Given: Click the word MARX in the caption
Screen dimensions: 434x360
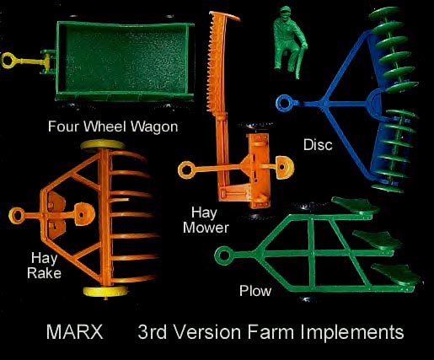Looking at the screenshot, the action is point(75,332).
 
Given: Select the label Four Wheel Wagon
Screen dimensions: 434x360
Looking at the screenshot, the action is point(113,126).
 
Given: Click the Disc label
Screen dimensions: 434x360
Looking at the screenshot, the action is point(318,145).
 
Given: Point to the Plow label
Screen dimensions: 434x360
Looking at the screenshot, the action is point(255,291).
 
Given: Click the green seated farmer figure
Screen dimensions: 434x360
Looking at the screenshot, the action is point(290,41).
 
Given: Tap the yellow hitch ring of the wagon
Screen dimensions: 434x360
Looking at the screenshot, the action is point(7,61).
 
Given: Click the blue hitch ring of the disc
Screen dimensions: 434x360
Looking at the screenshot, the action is point(284,103).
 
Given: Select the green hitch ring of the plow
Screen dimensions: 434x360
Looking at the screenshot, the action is point(224,255).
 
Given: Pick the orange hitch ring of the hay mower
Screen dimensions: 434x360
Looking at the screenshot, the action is point(186,169).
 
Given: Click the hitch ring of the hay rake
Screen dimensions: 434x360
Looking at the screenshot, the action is point(17,216).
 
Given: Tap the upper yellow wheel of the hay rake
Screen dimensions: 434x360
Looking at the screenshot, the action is point(103,145).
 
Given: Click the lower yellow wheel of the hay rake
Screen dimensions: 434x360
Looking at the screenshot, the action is point(106,292).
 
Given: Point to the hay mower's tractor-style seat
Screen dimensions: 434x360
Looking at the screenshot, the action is point(285,168).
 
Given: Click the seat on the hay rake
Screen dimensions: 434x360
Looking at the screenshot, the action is point(84,214).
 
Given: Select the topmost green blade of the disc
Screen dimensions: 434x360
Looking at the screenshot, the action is point(384,13).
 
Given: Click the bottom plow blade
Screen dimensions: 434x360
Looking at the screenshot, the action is point(397,274).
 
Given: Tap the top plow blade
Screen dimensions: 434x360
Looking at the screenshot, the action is point(356,205).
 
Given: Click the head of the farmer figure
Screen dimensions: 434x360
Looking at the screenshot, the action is point(285,13).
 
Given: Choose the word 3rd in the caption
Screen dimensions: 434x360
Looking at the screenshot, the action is point(152,332).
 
